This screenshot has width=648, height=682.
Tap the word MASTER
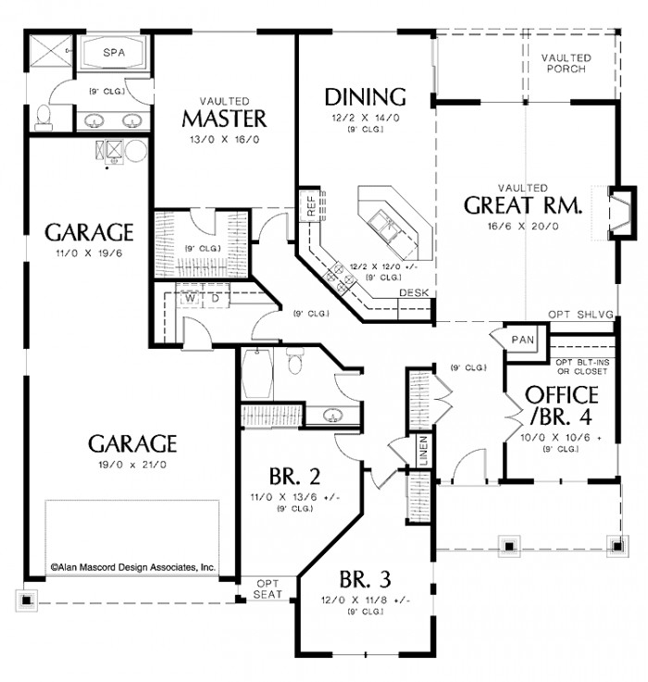[224, 119]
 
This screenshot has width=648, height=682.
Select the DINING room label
[365, 96]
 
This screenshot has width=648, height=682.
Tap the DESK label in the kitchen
[413, 292]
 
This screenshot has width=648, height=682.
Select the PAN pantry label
[522, 340]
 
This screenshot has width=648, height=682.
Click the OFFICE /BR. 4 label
[561, 404]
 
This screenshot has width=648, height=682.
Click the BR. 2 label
[294, 477]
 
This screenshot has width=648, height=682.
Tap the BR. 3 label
[364, 580]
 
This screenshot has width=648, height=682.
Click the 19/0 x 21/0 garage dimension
[132, 465]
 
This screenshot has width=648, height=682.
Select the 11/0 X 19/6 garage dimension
[90, 251]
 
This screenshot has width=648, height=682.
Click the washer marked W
[189, 299]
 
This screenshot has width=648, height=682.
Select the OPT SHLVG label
[580, 315]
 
